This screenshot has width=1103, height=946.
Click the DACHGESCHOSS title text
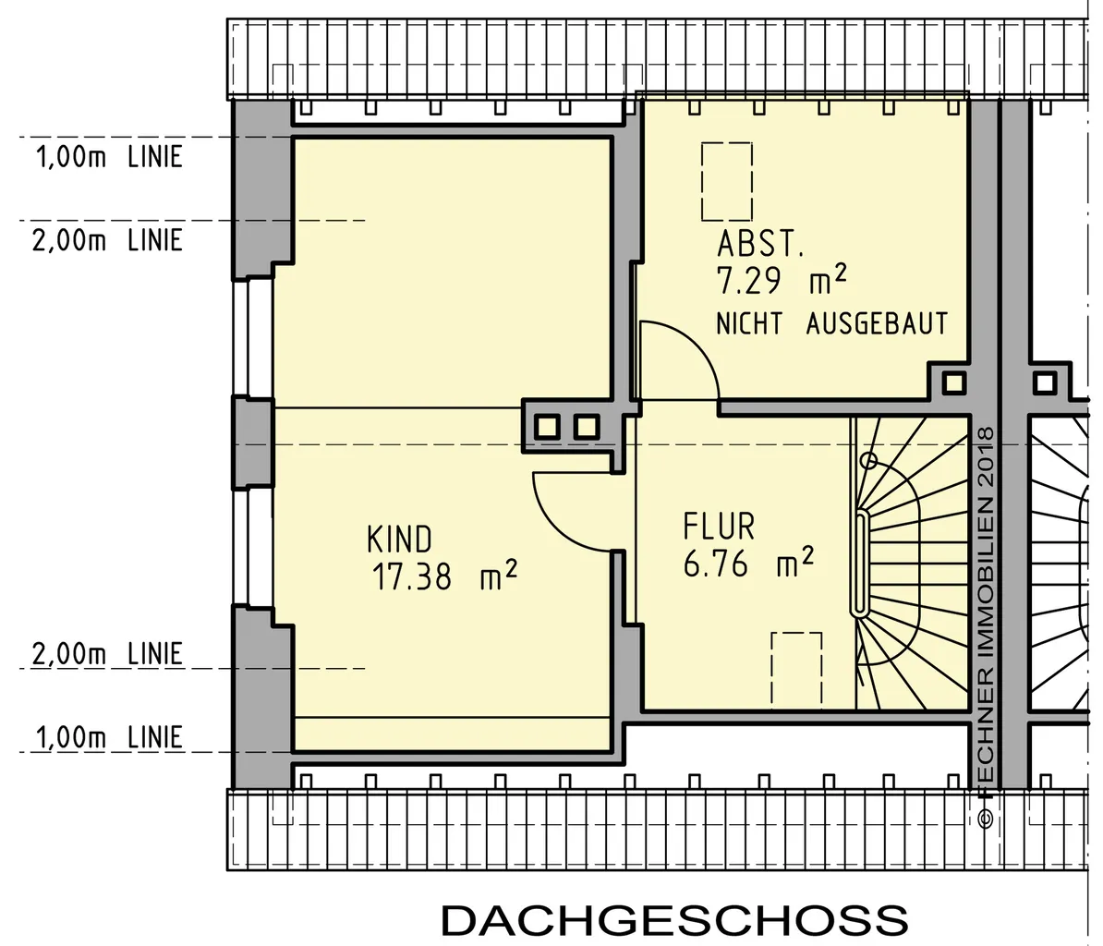pyautogui.click(x=674, y=920)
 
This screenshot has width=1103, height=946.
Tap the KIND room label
pyautogui.click(x=399, y=540)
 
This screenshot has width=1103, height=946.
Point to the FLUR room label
pyautogui.click(x=719, y=526)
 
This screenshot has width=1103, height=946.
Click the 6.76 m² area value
pyautogui.click(x=748, y=563)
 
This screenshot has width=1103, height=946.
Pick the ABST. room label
pyautogui.click(x=759, y=244)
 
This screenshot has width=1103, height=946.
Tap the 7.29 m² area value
pyautogui.click(x=781, y=280)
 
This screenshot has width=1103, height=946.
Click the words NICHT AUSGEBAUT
pyautogui.click(x=831, y=323)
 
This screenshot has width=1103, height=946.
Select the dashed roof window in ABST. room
pyautogui.click(x=727, y=181)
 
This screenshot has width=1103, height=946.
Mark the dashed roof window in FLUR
pyautogui.click(x=796, y=669)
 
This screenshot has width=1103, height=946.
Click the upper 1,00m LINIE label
pyautogui.click(x=109, y=156)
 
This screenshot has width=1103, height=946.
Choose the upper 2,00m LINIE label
pyautogui.click(x=108, y=240)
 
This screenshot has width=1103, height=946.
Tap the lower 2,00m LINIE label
pyautogui.click(x=108, y=653)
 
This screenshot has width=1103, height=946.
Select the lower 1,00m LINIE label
pyautogui.click(x=109, y=737)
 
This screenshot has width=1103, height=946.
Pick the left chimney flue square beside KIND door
pyautogui.click(x=547, y=427)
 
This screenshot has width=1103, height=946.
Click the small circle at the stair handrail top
pyautogui.click(x=868, y=461)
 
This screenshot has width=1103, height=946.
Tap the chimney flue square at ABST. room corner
pyautogui.click(x=954, y=383)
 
